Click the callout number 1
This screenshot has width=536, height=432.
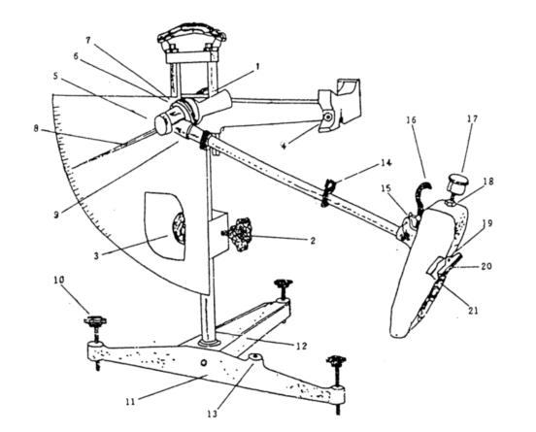click(x=257, y=66)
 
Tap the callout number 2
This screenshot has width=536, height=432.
click(x=313, y=240)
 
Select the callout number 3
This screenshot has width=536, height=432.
click(x=96, y=255)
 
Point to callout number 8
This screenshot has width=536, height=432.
click(x=36, y=129)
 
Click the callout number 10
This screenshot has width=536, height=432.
click(x=59, y=280)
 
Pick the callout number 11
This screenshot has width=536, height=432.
click(x=129, y=401)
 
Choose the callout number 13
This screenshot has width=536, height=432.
click(x=212, y=414)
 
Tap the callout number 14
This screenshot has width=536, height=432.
click(x=385, y=163)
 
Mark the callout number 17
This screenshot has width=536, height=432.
click(x=473, y=119)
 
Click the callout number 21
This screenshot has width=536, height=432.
click(x=473, y=310)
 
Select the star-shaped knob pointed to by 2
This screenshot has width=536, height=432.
click(x=240, y=235)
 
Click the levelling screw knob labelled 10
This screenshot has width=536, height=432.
click(x=95, y=321)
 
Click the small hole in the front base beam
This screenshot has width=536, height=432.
click(x=204, y=362)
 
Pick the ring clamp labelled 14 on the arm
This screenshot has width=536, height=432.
click(x=327, y=193)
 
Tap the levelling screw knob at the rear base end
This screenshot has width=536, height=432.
click(x=284, y=283)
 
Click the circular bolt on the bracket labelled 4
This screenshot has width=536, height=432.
click(x=328, y=117)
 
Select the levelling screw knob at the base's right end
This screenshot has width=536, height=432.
click(x=336, y=360)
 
